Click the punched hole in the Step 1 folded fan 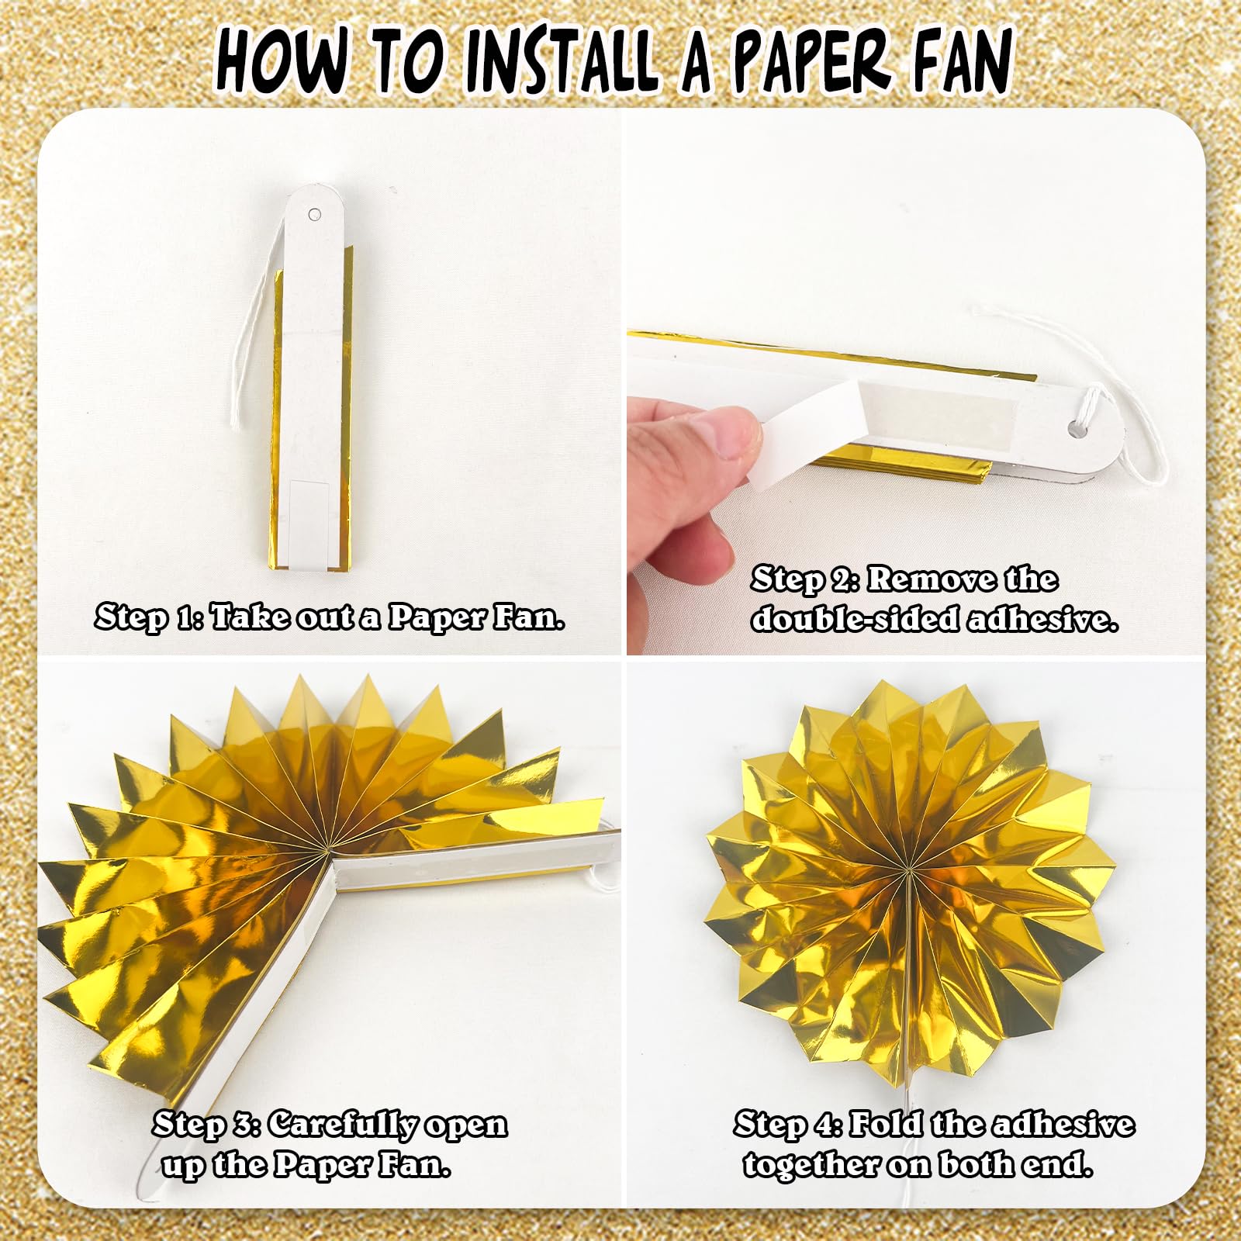click(314, 214)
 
